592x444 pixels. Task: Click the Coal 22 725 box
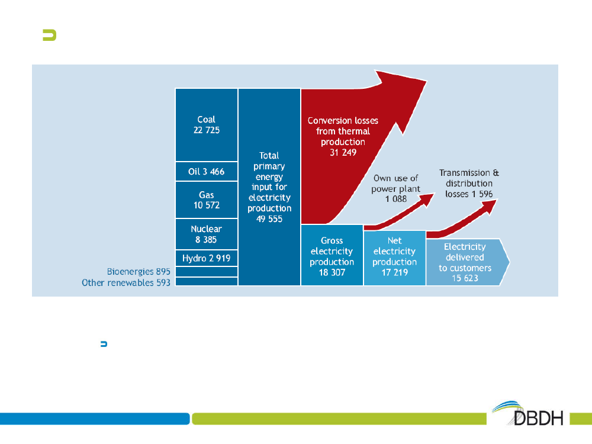point(207,125)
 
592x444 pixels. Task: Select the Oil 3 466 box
point(207,172)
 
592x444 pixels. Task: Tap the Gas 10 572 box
point(207,200)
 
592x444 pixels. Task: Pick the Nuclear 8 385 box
point(207,234)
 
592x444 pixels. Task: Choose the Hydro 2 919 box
point(207,258)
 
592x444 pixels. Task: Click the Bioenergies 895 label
point(139,272)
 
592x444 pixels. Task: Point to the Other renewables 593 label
point(126,282)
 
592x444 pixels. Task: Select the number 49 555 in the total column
point(269,219)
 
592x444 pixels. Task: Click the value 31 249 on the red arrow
point(343,153)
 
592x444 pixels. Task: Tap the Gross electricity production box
point(332,255)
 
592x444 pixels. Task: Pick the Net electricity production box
point(394,258)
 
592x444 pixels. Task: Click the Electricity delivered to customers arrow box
point(468,262)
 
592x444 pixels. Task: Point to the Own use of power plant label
point(395,188)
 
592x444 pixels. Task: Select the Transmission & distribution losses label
point(469,183)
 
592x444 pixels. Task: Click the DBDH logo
point(529,413)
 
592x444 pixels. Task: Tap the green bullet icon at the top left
point(50,35)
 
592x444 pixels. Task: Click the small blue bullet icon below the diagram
point(104,344)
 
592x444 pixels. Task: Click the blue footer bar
point(94,419)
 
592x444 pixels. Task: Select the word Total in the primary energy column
point(269,156)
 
